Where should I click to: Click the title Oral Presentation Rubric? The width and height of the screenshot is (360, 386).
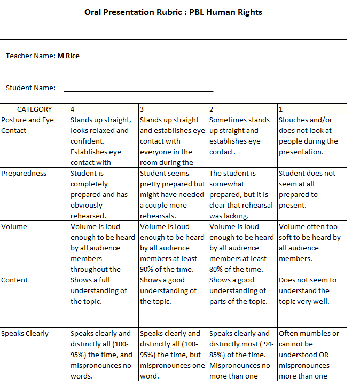coord(173,12)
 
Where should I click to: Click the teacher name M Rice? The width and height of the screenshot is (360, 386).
coord(68,56)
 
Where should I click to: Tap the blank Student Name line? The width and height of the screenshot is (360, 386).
coord(138,88)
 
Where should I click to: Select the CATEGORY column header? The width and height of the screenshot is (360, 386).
coord(35,109)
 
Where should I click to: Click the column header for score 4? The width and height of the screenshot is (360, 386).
coord(104,109)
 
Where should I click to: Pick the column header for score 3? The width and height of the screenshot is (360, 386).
coord(173,109)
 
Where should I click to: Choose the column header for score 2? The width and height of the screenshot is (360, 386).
coord(242,109)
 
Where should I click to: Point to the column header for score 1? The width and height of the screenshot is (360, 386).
coord(312,109)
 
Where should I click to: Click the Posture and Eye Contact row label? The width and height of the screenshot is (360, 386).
coord(28,125)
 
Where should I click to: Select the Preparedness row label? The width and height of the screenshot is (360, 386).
coord(24,173)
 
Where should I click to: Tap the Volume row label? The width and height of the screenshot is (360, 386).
coord(14,226)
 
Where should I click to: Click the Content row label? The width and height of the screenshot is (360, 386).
coord(15,280)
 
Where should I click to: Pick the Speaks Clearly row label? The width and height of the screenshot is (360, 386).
coord(25,333)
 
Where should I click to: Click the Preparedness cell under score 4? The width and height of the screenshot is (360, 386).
coord(103,194)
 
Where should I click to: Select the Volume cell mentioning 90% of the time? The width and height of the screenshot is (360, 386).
coord(173,248)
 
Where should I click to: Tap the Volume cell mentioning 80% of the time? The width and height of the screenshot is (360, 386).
coord(242,248)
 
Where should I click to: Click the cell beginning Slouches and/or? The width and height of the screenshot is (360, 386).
coord(312,136)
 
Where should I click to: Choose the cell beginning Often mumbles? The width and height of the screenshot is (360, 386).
coord(312,355)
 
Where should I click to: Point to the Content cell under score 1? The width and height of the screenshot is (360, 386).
coord(312,290)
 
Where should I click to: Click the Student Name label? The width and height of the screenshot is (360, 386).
coord(30,88)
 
